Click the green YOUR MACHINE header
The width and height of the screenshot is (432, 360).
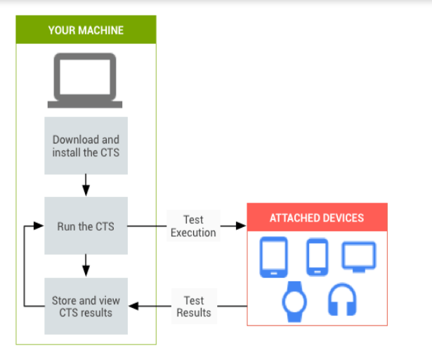tap(86, 30)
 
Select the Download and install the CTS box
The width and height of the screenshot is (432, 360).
tap(86, 146)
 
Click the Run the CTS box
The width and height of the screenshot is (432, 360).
tap(86, 226)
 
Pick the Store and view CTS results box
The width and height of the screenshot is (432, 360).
tap(86, 306)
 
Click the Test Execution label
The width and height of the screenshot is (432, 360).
tap(193, 226)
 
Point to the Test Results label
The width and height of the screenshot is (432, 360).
tap(193, 306)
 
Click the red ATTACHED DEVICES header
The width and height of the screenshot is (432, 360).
tap(317, 217)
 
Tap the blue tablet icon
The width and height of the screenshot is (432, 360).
tap(273, 257)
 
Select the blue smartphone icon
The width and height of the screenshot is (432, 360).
tap(318, 257)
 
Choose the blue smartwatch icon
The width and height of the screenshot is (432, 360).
tap(294, 300)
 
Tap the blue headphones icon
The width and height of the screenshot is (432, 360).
tap(342, 300)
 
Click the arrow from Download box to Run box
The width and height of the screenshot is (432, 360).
tap(86, 186)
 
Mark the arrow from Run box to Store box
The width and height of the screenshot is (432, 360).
tap(86, 266)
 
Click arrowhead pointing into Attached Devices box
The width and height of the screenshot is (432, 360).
tap(242, 226)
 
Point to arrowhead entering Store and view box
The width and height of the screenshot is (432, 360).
tap(133, 306)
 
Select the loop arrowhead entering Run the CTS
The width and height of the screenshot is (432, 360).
tap(40, 226)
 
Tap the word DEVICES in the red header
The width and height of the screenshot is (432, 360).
tap(341, 217)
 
